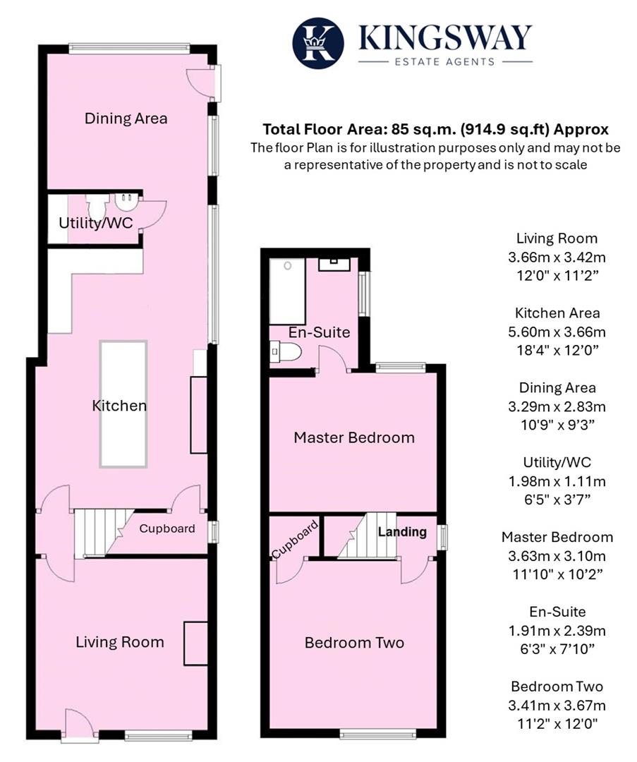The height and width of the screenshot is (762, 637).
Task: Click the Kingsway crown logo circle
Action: tap(318, 43)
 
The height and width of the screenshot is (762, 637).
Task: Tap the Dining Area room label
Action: tap(126, 118)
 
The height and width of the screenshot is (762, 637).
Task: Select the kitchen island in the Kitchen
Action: tap(123, 403)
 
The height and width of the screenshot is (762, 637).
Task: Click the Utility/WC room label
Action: tap(96, 224)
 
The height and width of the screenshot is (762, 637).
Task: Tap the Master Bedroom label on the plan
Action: tap(353, 437)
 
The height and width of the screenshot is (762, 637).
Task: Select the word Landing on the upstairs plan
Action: tap(402, 532)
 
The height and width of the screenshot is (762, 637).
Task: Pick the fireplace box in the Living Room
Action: tap(195, 643)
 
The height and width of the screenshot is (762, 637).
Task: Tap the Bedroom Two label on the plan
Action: tap(353, 643)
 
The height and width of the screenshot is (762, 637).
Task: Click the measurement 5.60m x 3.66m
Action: tap(557, 332)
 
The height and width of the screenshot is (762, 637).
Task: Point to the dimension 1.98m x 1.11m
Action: tap(557, 481)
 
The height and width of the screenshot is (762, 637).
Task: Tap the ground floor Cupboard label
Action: tap(166, 528)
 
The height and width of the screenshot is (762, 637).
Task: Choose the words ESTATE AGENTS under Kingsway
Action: tap(445, 62)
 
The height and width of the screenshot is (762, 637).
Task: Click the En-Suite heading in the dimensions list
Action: tap(557, 612)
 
